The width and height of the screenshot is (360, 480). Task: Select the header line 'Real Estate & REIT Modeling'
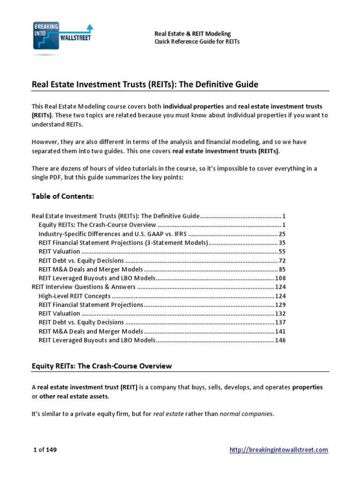coord(193,34)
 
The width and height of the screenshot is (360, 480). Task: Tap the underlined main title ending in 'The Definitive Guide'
coord(145,84)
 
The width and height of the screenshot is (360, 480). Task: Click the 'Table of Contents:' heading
coord(62,196)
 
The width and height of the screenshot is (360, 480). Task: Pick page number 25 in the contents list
coord(282,233)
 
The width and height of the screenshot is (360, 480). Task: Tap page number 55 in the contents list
coord(282,251)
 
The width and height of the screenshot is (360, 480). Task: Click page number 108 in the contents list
coord(280,278)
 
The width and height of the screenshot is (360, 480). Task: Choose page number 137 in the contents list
coord(280,322)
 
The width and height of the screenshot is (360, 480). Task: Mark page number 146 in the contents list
coord(280,340)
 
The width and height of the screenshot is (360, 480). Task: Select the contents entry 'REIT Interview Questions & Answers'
coord(83,287)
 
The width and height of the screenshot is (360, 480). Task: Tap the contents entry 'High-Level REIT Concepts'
coord(75,296)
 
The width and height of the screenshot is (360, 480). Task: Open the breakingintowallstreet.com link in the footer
coord(278,450)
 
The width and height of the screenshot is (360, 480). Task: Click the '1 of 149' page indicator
coord(45,450)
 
